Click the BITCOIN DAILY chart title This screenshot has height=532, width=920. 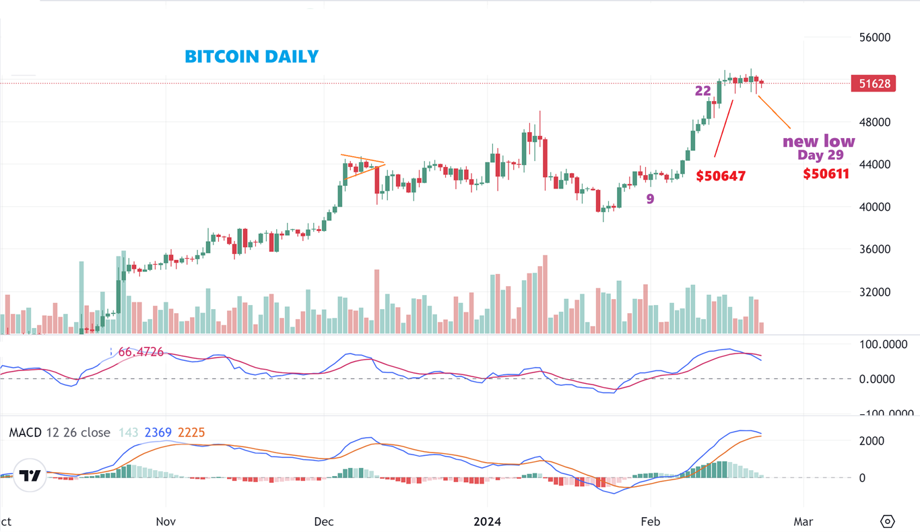pyautogui.click(x=251, y=57)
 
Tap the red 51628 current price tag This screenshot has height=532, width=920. pyautogui.click(x=874, y=84)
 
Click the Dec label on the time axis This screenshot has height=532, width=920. pyautogui.click(x=324, y=521)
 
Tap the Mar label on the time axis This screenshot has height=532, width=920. pyautogui.click(x=803, y=521)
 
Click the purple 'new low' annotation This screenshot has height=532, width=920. pyautogui.click(x=818, y=141)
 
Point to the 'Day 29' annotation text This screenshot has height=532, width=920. pyautogui.click(x=820, y=155)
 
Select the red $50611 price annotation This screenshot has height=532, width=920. pyautogui.click(x=826, y=174)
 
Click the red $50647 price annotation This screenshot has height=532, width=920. pyautogui.click(x=721, y=176)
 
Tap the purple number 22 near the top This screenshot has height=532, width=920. pyautogui.click(x=703, y=90)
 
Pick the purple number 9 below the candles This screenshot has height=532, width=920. pyautogui.click(x=650, y=199)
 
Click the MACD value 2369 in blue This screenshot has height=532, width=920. pyautogui.click(x=158, y=432)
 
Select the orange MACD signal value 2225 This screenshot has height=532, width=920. pyautogui.click(x=192, y=432)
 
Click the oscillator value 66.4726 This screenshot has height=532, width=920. pyautogui.click(x=141, y=352)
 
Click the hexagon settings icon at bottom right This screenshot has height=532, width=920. pyautogui.click(x=888, y=521)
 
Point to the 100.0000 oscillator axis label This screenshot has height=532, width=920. pyautogui.click(x=882, y=345)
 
